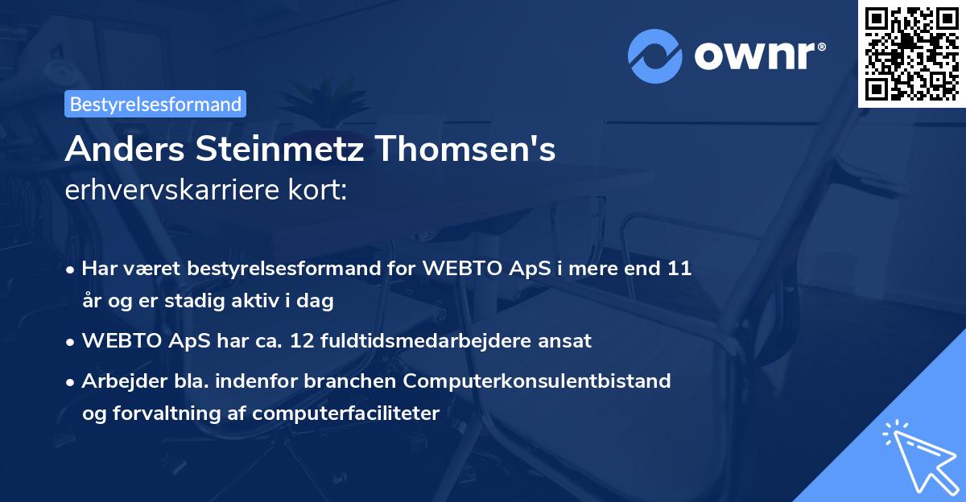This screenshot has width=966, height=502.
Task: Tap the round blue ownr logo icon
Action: (654, 56)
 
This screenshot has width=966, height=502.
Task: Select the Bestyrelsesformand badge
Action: (155, 104)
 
